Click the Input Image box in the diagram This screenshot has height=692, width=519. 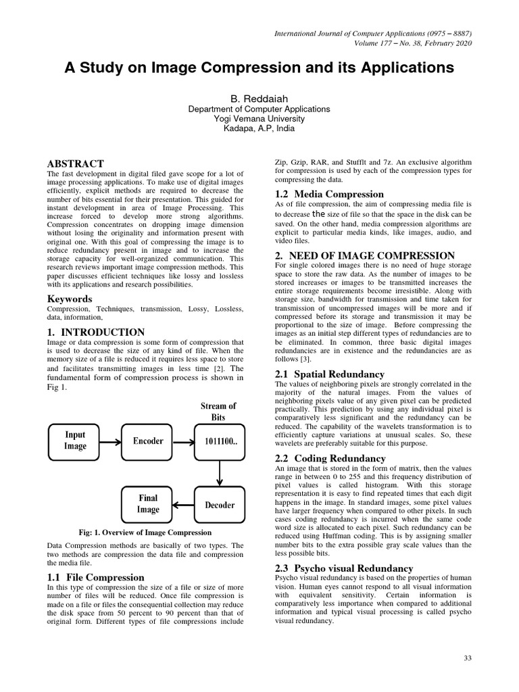tap(76, 441)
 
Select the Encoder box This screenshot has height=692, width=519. tap(148, 441)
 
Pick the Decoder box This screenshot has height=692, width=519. tap(219, 505)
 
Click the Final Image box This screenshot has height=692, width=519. tap(147, 505)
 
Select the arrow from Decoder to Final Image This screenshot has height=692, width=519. tap(183, 505)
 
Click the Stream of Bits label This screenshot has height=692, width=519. tap(218, 412)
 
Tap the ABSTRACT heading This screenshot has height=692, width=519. tap(75, 164)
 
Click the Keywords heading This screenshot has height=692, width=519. tap(70, 299)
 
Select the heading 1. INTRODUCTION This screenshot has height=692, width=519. tap(95, 332)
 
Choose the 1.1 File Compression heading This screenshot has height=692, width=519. tap(95, 577)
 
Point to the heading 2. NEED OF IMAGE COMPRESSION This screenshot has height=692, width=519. tap(364, 255)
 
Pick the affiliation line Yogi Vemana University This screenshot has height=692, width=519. tap(259, 118)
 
